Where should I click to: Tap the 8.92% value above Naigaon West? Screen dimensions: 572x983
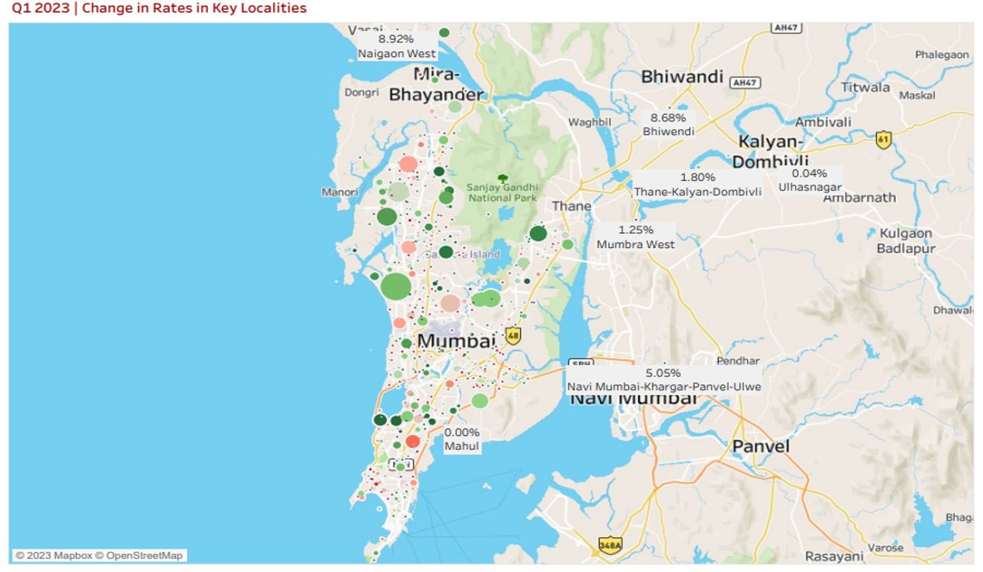[396, 39]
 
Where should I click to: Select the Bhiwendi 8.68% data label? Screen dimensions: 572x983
[668, 124]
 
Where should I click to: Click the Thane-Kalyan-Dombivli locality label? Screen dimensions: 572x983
[698, 191]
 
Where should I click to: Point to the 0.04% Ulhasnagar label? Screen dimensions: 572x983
[809, 180]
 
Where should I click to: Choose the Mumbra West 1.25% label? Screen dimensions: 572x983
[636, 237]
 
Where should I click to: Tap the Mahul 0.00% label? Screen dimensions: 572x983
[462, 439]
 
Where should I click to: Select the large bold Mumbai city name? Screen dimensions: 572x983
[456, 341]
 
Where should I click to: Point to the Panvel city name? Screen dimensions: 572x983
[760, 446]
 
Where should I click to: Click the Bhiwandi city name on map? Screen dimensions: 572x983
[682, 77]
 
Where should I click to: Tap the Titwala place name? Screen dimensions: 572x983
[865, 87]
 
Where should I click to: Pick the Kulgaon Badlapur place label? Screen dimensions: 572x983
[905, 241]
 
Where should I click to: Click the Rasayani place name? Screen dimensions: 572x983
[833, 556]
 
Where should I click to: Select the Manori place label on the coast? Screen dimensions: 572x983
[340, 192]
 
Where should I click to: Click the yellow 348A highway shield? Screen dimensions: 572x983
[610, 546]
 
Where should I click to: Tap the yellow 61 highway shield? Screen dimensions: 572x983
[883, 139]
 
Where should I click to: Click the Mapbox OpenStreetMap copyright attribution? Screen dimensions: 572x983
[99, 556]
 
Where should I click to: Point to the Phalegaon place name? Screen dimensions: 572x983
[942, 54]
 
